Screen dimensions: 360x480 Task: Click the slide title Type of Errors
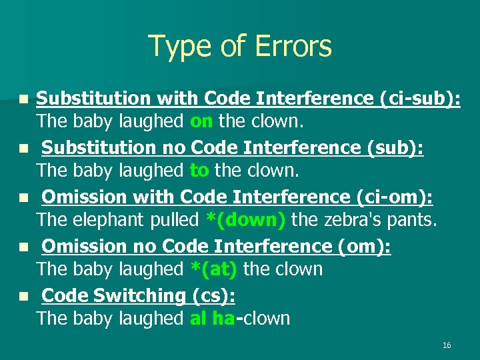pos(239,47)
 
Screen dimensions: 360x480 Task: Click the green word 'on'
pos(201,121)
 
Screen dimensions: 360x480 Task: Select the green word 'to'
pos(199,171)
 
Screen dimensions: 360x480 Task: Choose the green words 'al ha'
pos(212,319)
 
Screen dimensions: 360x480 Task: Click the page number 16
pos(447,345)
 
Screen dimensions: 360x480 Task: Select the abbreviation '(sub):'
pos(395,148)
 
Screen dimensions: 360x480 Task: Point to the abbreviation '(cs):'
pos(213,295)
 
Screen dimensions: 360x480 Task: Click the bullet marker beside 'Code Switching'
pos(23,295)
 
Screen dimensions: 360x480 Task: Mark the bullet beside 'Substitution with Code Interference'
pos(23,99)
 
